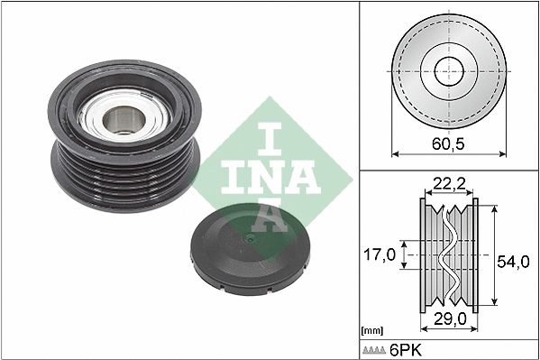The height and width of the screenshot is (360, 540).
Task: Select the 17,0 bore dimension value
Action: tap(380, 256)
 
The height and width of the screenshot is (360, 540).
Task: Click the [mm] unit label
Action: tap(371, 329)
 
